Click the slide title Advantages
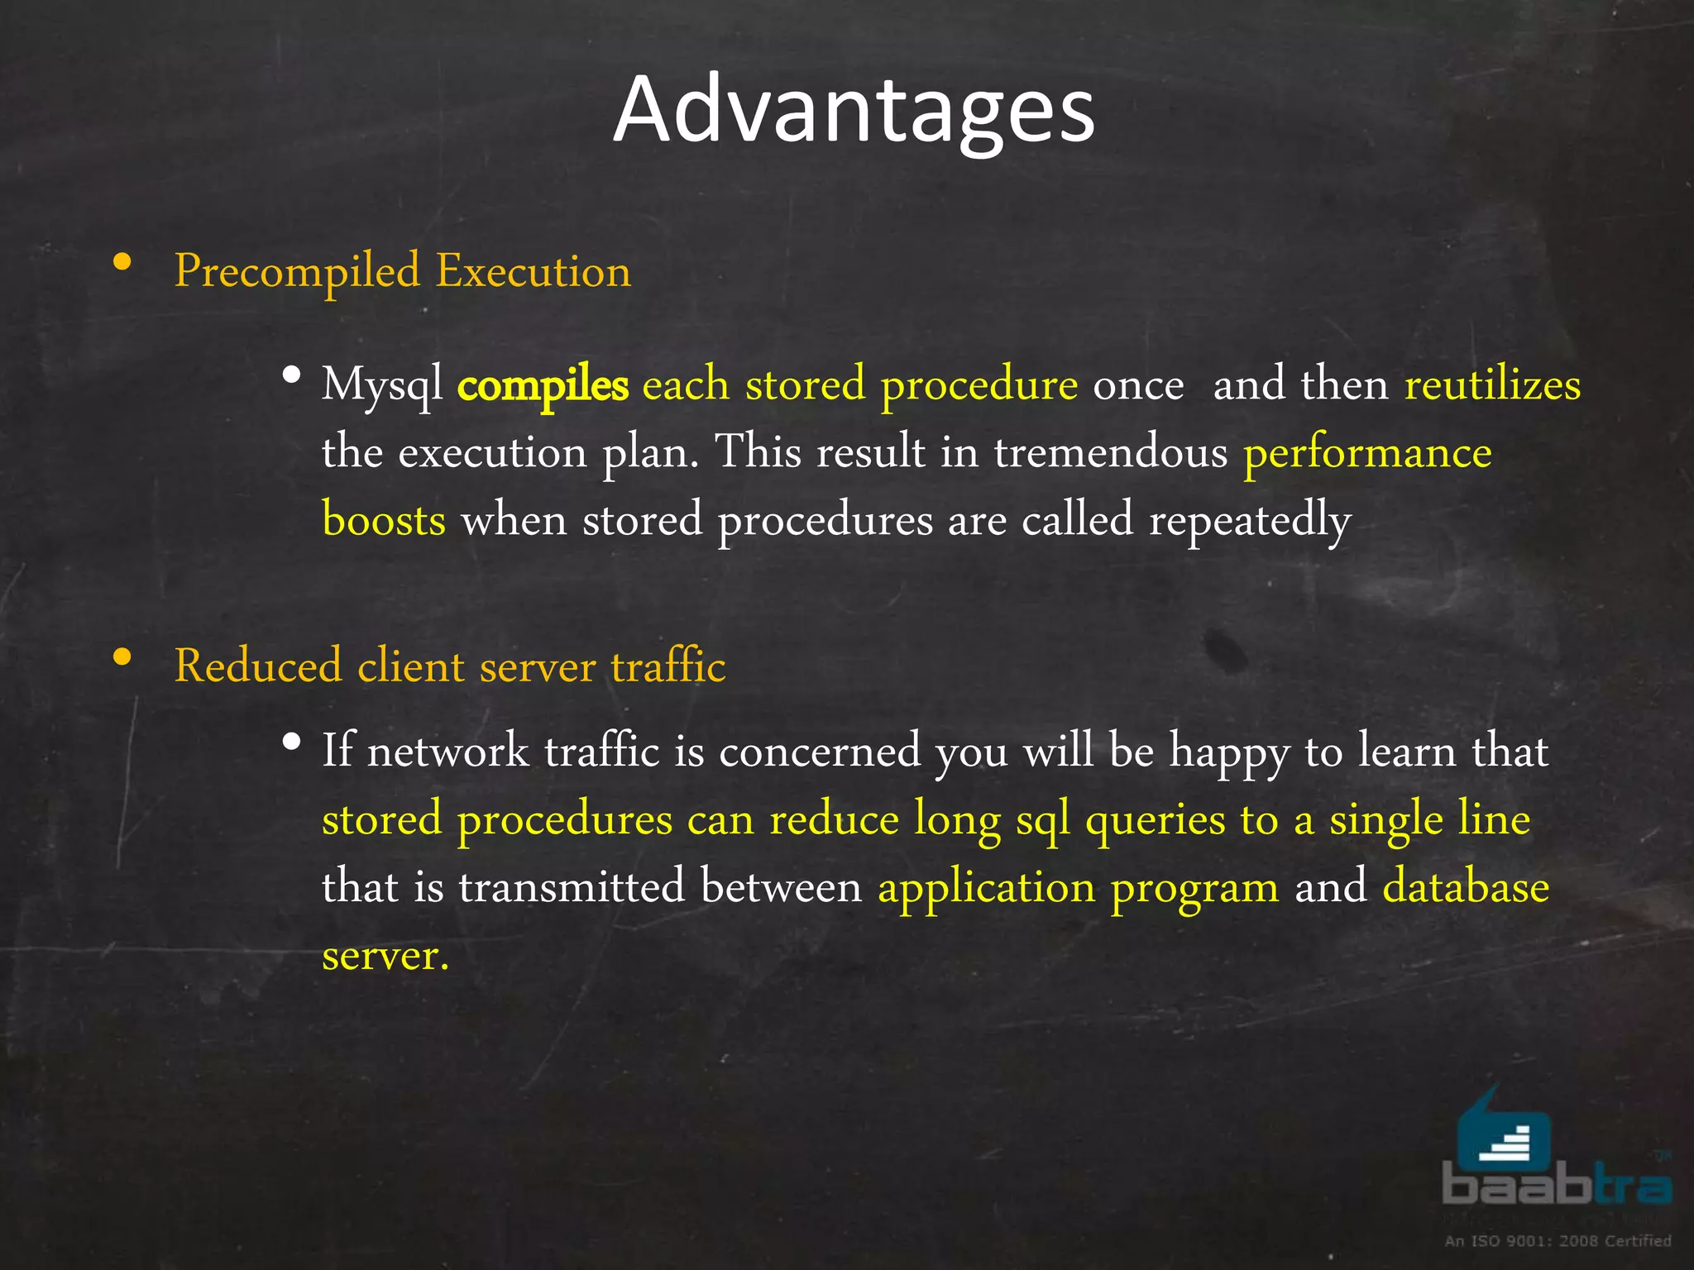(854, 110)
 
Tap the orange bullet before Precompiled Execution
(122, 263)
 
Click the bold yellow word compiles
(543, 386)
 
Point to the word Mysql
(382, 386)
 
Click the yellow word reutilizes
(1492, 384)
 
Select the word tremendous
(1110, 453)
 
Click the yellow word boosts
(384, 521)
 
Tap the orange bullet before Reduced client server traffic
(122, 658)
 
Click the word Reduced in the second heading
(258, 666)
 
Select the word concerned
(819, 752)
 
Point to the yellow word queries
(1155, 821)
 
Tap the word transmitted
(572, 887)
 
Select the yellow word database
(1466, 887)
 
